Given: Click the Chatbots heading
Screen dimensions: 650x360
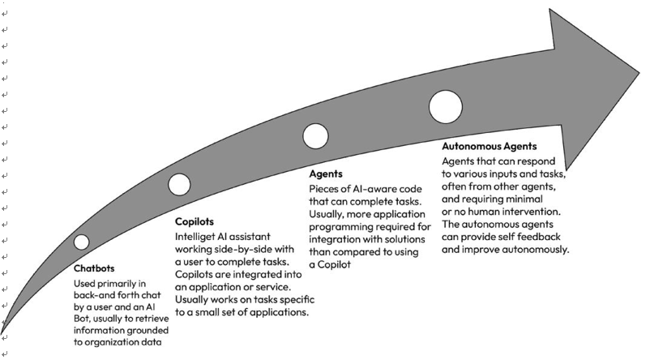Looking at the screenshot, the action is click(x=94, y=268).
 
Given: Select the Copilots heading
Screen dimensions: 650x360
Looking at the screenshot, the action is click(x=195, y=221).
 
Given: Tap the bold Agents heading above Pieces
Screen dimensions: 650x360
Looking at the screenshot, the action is click(x=326, y=174).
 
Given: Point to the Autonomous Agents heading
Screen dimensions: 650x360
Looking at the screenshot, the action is click(x=490, y=147).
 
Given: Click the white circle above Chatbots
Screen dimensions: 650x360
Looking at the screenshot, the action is click(x=82, y=242).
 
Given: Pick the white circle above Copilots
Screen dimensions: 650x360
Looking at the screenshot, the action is click(x=179, y=184).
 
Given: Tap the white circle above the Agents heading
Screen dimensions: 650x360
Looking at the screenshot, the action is click(x=315, y=136).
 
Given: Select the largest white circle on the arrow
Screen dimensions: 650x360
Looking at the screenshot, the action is click(x=446, y=106).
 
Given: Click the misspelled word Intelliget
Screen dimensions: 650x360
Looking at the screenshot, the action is click(x=194, y=237).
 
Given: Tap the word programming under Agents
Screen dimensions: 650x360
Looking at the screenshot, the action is click(x=336, y=227).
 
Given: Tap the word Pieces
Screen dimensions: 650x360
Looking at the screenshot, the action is click(x=322, y=189).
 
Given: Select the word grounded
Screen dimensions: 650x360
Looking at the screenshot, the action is click(x=149, y=331).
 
